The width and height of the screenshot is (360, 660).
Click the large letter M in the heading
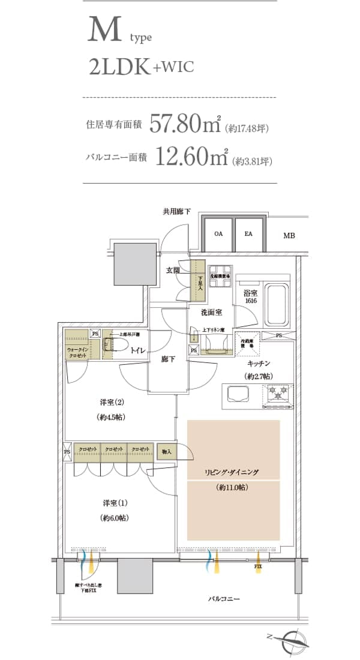pyautogui.click(x=106, y=30)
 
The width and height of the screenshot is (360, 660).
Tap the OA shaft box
pyautogui.click(x=218, y=234)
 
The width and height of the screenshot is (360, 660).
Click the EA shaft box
pyautogui.click(x=248, y=234)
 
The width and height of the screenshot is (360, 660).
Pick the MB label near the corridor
pyautogui.click(x=289, y=236)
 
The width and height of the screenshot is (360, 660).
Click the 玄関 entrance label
pyautogui.click(x=173, y=271)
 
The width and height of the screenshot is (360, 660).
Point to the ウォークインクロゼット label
pyautogui.click(x=76, y=352)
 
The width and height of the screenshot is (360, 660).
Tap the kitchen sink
pyautogui.click(x=238, y=394)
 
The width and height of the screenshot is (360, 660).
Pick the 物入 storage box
pyautogui.click(x=166, y=452)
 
